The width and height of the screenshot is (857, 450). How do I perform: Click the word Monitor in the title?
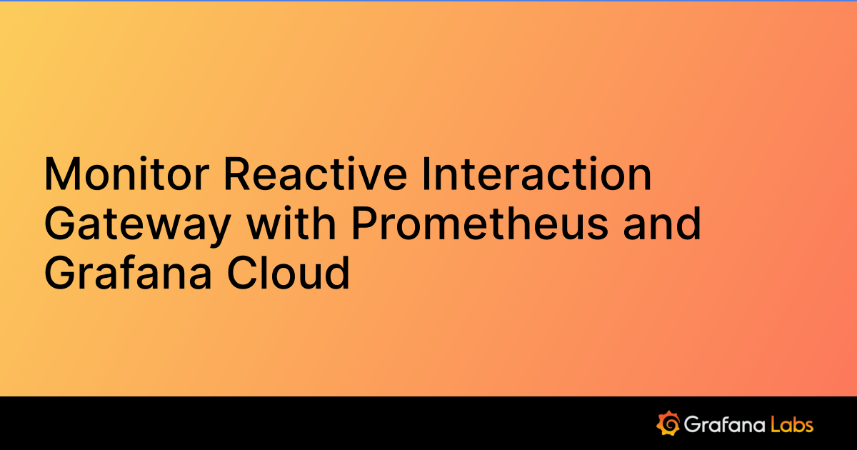tap(126, 174)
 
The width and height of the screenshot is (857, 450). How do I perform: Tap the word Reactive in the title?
tap(316, 174)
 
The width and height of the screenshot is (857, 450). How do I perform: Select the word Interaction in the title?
tap(537, 174)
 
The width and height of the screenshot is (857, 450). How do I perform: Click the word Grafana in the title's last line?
tap(128, 272)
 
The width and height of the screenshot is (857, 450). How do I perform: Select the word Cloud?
tap(289, 272)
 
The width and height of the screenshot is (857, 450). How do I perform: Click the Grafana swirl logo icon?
tap(668, 423)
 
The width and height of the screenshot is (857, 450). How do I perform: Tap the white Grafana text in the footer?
tap(724, 425)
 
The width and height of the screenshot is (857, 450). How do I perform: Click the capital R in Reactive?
tap(237, 174)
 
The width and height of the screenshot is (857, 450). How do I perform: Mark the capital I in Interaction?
tap(425, 174)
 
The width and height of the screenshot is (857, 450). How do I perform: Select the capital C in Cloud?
tap(243, 272)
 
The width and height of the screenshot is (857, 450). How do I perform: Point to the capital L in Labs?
tap(776, 424)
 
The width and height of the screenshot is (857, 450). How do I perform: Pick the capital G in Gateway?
tap(60, 223)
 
